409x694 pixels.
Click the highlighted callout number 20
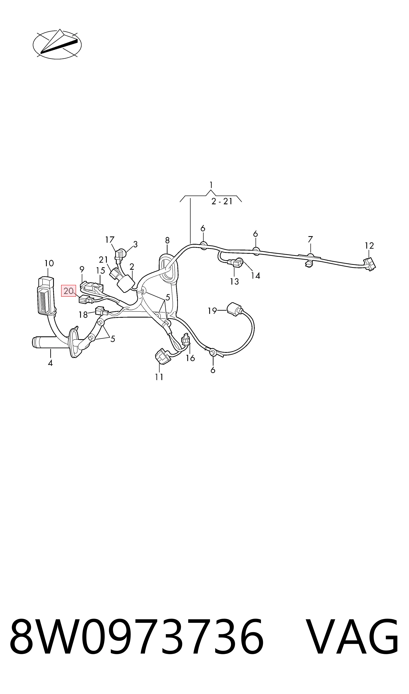[x=68, y=291]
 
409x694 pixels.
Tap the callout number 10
[x=49, y=263]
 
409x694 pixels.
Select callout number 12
[x=369, y=245]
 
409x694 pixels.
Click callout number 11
[x=159, y=377]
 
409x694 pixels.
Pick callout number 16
[x=190, y=358]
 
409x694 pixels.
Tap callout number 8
[x=167, y=240]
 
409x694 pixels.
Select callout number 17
[x=110, y=240]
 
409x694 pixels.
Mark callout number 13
[x=234, y=281]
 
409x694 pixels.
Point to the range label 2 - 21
[x=222, y=201]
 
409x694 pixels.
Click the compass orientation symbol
[x=57, y=44]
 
